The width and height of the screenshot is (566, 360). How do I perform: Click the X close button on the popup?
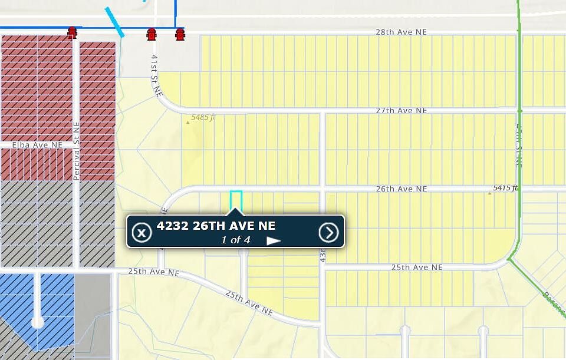pos(141,232)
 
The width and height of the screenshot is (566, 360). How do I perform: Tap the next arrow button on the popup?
pos(329,232)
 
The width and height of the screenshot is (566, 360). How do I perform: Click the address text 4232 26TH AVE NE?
pos(216,226)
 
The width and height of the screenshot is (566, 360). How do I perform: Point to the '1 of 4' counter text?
pos(235,240)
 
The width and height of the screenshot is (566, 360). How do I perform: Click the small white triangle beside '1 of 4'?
pos(273,240)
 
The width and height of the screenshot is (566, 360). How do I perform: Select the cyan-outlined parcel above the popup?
pos(236,199)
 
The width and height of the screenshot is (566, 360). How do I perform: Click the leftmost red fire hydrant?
pos(73,32)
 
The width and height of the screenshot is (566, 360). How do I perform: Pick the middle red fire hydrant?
pos(152,34)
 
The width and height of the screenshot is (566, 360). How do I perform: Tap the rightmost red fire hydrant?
pos(180,34)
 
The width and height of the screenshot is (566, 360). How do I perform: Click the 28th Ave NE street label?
pos(401,32)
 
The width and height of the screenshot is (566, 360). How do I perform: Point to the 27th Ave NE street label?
pos(402,111)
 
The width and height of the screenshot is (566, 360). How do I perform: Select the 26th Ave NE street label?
pos(402,189)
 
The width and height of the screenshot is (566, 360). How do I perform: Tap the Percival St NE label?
pos(76,151)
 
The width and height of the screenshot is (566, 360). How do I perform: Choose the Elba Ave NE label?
pos(37,144)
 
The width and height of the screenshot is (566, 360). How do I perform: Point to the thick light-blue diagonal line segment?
pos(114,22)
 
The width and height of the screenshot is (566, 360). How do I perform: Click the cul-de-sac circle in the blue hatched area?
pos(37,322)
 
